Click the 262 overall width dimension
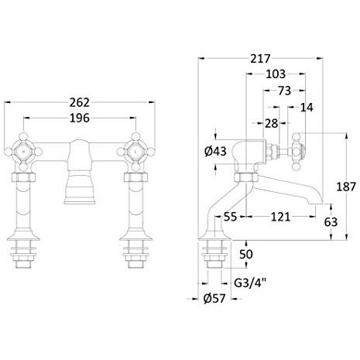(x=80, y=102)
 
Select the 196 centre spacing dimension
(x=80, y=118)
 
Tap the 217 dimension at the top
(x=260, y=59)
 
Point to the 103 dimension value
(x=276, y=74)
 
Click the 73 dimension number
(x=284, y=91)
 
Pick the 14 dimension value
(x=307, y=108)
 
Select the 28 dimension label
(x=271, y=123)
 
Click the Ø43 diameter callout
(x=215, y=151)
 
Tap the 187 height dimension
(x=346, y=187)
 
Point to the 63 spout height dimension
(x=331, y=222)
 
